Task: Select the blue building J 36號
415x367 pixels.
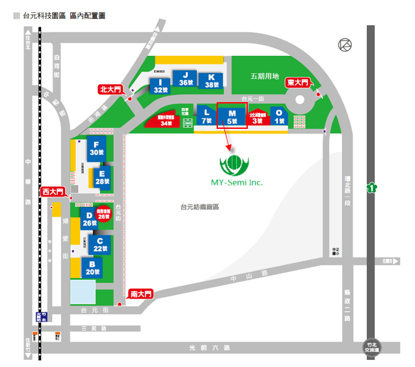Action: pyautogui.click(x=185, y=79)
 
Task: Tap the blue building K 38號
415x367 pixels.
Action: pyautogui.click(x=211, y=80)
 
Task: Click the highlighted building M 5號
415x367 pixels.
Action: pyautogui.click(x=232, y=116)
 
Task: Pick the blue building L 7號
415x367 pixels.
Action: pyautogui.click(x=206, y=116)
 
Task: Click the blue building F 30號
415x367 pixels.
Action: pyautogui.click(x=96, y=148)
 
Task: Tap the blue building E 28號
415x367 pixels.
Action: pyautogui.click(x=102, y=176)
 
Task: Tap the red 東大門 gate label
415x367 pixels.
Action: pyautogui.click(x=297, y=83)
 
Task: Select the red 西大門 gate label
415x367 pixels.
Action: pyautogui.click(x=53, y=192)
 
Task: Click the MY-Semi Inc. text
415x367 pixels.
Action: pyautogui.click(x=237, y=183)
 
